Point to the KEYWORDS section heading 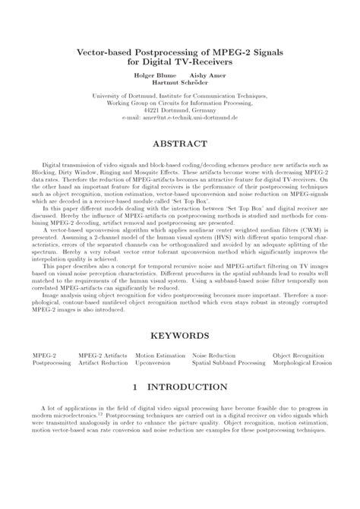180,334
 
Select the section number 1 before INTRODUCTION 134,387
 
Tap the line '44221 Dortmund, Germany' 180,110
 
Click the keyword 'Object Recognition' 298,355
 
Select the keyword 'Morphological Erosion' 301,363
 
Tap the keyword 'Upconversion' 153,363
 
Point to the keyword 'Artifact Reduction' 103,363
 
